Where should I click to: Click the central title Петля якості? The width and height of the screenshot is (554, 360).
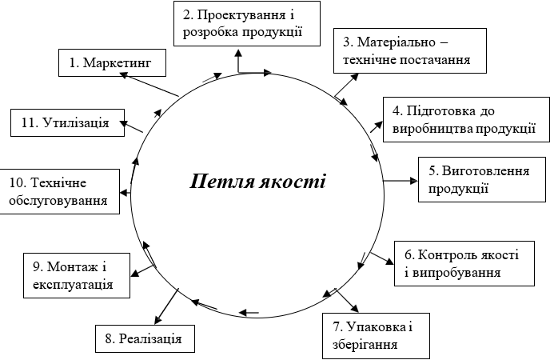(257, 182)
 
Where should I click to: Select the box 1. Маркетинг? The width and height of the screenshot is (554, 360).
(112, 62)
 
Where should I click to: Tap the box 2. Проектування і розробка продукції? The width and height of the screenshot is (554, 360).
(247, 23)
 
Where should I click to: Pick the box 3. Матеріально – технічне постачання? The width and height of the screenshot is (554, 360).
(410, 51)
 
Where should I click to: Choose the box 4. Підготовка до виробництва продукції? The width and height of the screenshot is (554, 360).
(466, 119)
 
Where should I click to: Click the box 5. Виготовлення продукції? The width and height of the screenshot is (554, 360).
(482, 180)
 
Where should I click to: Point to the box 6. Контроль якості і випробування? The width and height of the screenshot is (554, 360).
(464, 263)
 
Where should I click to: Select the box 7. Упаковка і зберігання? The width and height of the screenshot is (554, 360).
(376, 335)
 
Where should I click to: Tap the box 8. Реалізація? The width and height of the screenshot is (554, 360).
(145, 338)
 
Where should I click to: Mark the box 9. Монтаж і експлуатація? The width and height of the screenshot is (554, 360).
(77, 275)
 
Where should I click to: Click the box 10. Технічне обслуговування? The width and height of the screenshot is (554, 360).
(60, 191)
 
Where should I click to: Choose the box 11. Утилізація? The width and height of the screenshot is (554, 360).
(67, 122)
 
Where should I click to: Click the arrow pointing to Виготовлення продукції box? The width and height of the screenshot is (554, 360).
(401, 181)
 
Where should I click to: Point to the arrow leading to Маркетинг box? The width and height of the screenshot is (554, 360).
(149, 84)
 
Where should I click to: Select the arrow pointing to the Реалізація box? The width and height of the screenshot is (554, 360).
(166, 306)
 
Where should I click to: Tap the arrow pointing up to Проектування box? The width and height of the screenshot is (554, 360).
(238, 61)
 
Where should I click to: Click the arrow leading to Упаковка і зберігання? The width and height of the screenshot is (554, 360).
(347, 301)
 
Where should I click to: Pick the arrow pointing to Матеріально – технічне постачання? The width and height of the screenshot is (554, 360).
(347, 85)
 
